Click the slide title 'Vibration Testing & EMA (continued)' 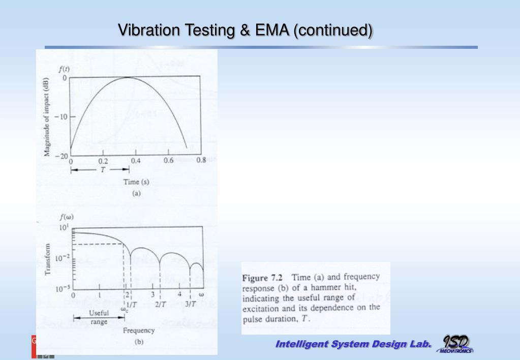pyautogui.click(x=245, y=31)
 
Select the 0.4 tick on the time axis pyautogui.click(x=136, y=161)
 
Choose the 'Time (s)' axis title pyautogui.click(x=136, y=182)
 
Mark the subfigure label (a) pyautogui.click(x=136, y=193)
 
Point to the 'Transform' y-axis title pyautogui.click(x=48, y=259)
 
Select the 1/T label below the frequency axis pyautogui.click(x=131, y=304)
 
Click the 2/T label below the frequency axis pyautogui.click(x=161, y=304)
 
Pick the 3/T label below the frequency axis pyautogui.click(x=191, y=304)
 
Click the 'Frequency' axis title pyautogui.click(x=138, y=331)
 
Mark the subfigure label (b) pyautogui.click(x=138, y=342)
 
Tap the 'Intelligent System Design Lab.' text pyautogui.click(x=353, y=345)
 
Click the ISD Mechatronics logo pyautogui.click(x=456, y=344)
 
